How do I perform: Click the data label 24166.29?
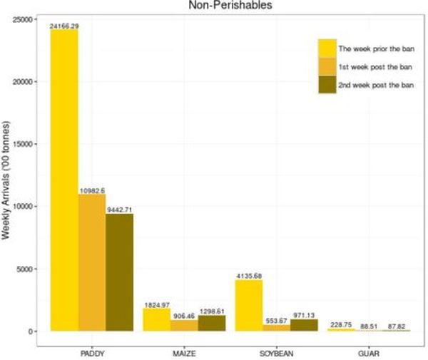tap(64, 26)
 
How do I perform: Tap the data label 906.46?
tap(183, 316)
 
